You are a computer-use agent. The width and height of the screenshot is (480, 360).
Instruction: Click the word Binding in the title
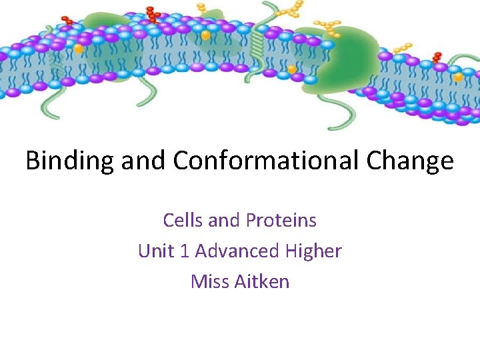point(70,161)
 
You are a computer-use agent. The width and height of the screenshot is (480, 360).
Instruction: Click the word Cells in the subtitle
point(183,220)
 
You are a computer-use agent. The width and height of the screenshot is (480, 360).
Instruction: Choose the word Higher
point(313,251)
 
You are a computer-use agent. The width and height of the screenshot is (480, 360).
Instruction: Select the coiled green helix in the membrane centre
point(257,47)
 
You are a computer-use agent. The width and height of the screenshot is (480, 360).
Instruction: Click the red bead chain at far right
point(437,57)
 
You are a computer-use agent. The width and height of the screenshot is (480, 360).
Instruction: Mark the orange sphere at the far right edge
point(459,77)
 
